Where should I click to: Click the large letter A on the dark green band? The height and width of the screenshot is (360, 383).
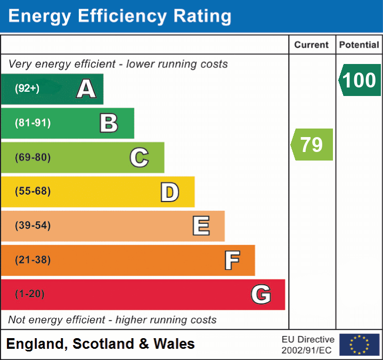[86, 89]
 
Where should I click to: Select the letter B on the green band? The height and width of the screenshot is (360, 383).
[109, 123]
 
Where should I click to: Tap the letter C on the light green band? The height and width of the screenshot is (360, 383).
[139, 157]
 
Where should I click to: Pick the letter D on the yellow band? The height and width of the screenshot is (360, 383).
[169, 192]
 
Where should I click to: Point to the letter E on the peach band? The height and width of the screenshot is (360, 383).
[201, 226]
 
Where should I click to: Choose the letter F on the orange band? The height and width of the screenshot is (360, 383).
[232, 260]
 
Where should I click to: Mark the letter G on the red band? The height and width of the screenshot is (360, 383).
[261, 294]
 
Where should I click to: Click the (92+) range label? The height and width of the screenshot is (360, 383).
[27, 89]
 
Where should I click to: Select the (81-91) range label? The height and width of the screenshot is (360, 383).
[33, 123]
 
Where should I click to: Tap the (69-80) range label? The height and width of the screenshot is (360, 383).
[33, 157]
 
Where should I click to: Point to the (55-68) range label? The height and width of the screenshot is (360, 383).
[33, 191]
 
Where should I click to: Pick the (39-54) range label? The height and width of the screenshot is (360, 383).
[33, 226]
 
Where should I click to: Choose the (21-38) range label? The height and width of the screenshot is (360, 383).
[33, 260]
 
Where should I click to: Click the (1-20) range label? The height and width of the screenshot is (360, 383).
[30, 294]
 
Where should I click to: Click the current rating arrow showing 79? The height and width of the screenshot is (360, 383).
[312, 145]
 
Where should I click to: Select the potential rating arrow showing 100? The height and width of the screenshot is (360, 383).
[360, 80]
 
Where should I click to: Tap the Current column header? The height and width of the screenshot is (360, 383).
[312, 45]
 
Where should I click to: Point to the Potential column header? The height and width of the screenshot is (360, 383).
[359, 45]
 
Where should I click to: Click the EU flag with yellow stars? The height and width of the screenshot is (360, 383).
[359, 345]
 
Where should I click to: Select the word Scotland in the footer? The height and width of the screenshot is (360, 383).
[104, 344]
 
